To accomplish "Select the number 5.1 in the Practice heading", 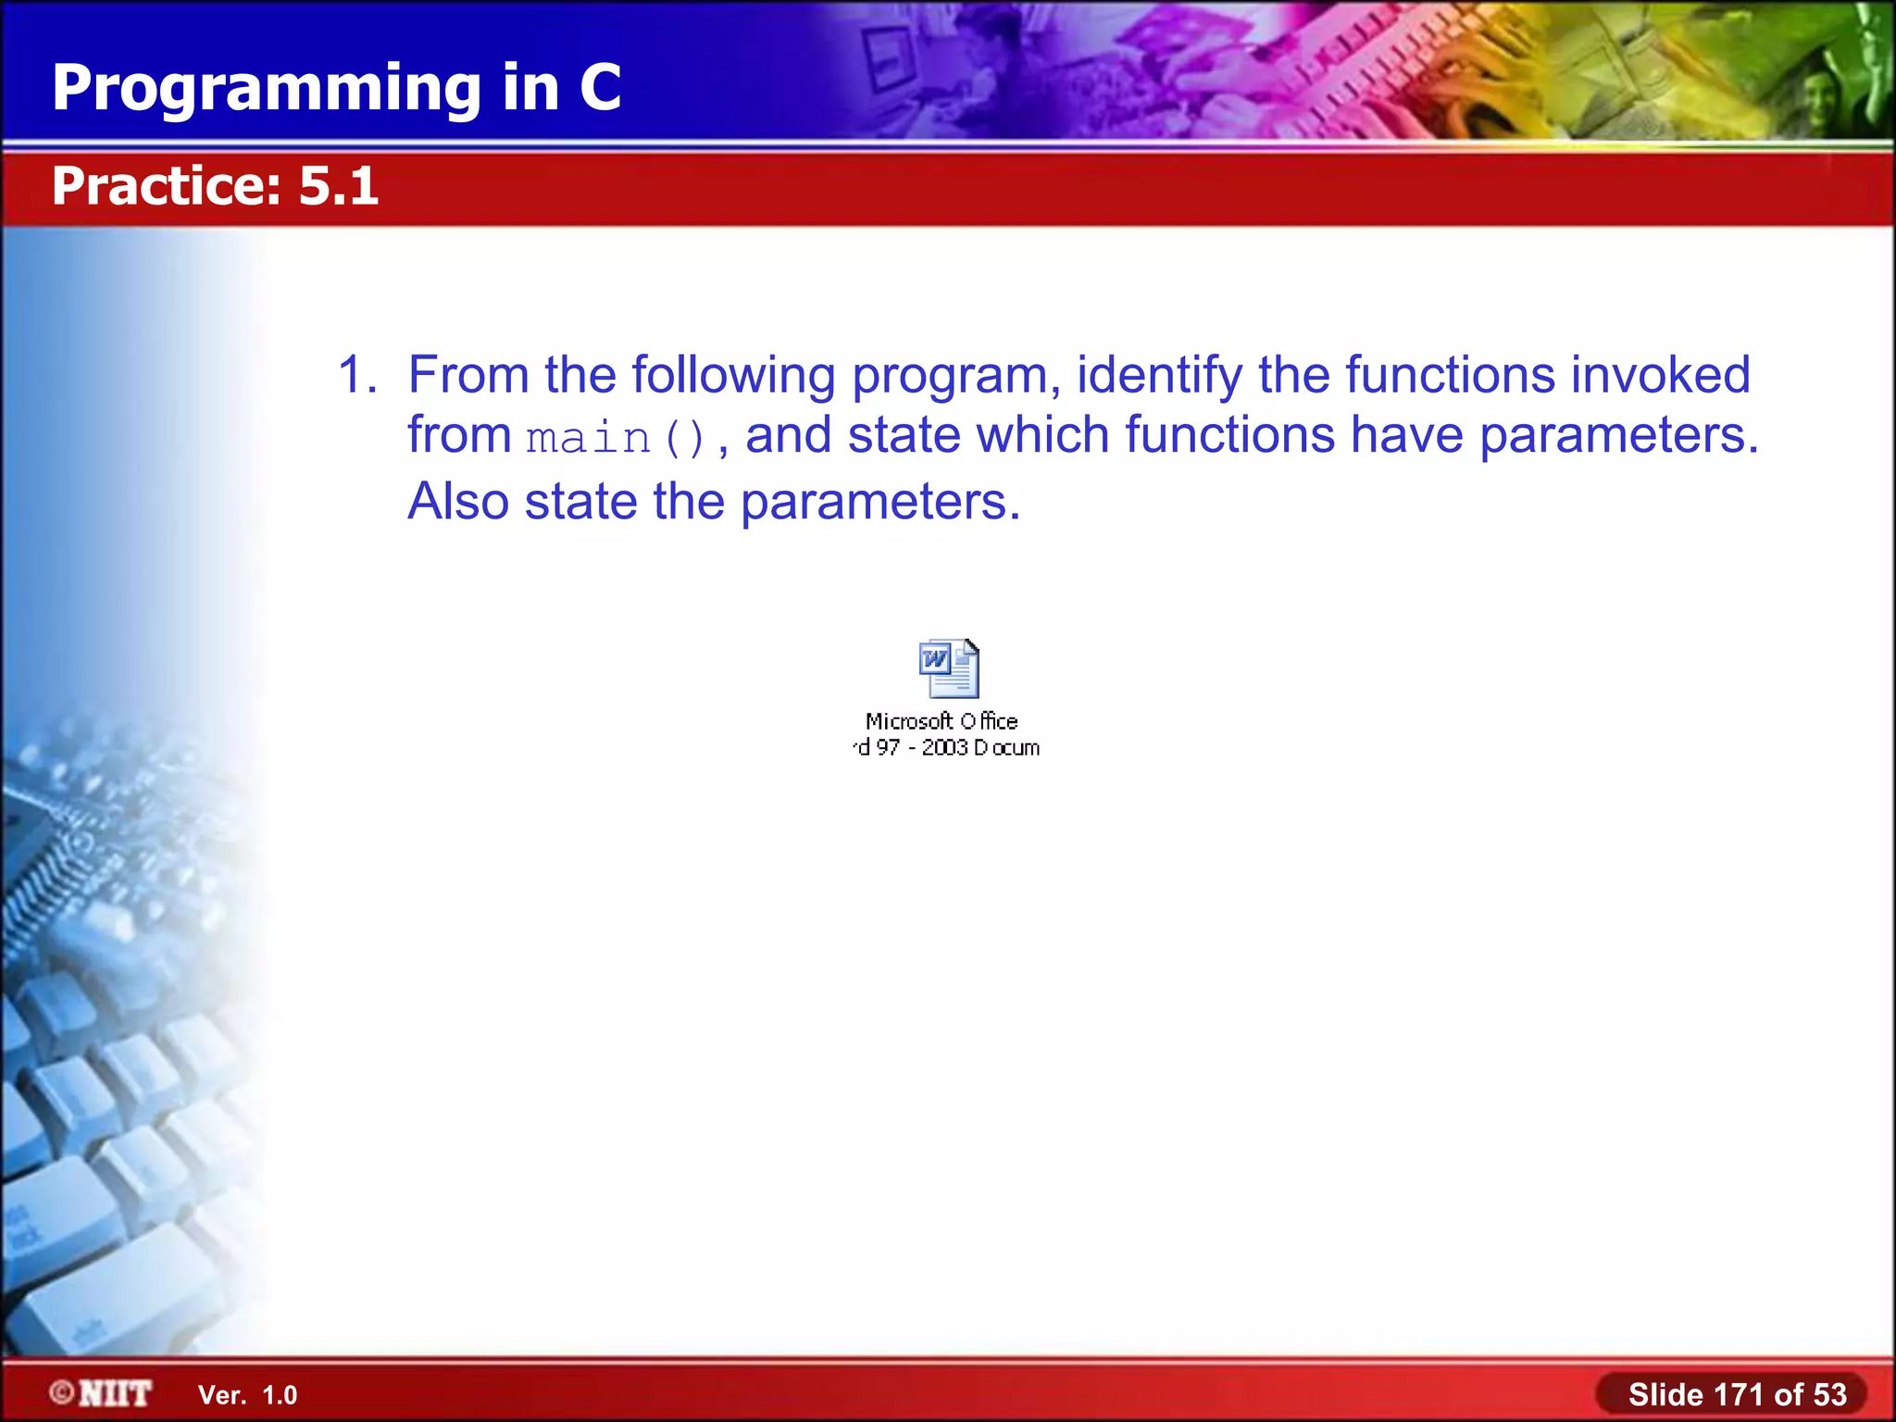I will click(x=339, y=186).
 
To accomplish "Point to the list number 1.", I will click(x=355, y=375).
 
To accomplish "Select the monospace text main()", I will click(x=617, y=438).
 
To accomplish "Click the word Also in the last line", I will click(x=458, y=501).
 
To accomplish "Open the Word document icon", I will click(x=949, y=668).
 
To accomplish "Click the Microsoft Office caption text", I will click(x=942, y=721).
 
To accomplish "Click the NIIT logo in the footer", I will click(x=102, y=1393).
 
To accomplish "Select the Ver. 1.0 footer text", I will click(x=247, y=1395).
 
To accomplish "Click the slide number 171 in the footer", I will click(x=1740, y=1394).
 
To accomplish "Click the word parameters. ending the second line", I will click(x=1618, y=434).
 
